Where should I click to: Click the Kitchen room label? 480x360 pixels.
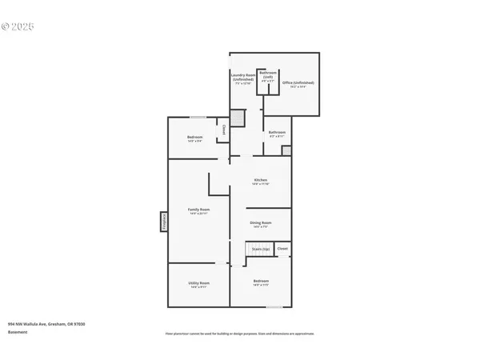coord(261,182)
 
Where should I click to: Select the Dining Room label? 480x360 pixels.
coord(261,224)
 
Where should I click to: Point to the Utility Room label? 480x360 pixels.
coord(198,284)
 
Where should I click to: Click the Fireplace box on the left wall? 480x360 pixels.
coord(164,222)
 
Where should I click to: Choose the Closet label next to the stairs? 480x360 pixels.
coord(282,249)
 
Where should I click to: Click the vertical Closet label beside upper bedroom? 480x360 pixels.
coord(223,130)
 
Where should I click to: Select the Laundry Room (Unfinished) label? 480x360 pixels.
coord(243,79)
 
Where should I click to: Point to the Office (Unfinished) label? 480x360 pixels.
coord(298,83)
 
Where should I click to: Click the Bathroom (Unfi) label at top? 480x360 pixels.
coord(267,78)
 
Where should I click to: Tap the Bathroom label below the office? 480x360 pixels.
coord(277,134)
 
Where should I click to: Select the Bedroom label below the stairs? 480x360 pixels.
coord(261,282)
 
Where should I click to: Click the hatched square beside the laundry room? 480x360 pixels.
coord(248,117)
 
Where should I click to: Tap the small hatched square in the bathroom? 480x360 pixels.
coord(286,150)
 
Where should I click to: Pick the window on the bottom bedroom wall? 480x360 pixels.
coord(274,306)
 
